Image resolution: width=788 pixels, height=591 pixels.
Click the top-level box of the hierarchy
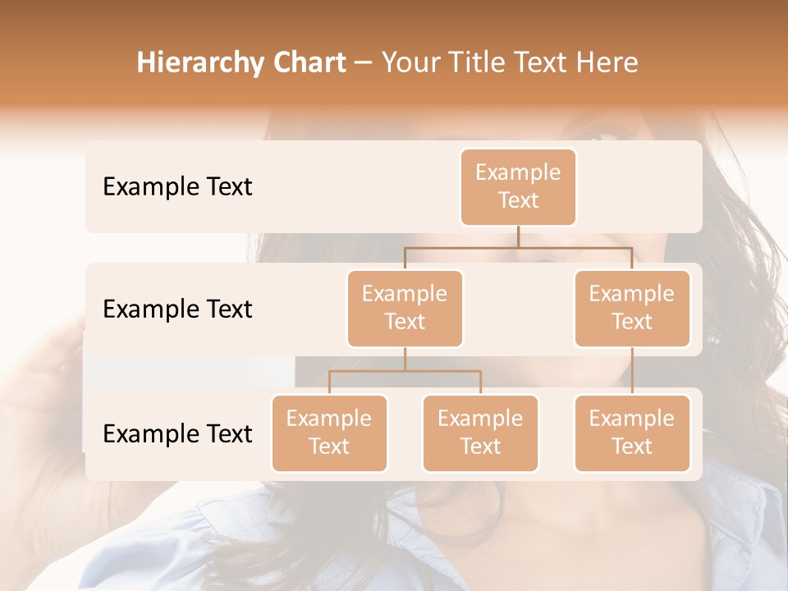tap(518, 186)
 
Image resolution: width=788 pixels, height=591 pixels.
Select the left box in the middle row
tap(405, 308)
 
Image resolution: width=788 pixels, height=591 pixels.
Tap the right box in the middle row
tap(632, 308)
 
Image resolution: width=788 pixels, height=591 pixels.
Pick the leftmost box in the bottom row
tap(329, 433)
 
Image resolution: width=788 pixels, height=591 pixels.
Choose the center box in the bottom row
tap(480, 433)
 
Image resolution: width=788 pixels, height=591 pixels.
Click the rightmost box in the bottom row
tap(632, 433)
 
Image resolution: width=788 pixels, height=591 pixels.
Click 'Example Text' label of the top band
tap(177, 186)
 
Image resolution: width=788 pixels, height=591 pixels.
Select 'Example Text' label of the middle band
tap(177, 309)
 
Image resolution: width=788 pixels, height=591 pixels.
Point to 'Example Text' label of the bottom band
tap(177, 433)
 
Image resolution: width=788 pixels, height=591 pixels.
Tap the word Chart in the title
tap(310, 62)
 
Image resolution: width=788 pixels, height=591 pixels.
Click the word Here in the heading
tap(609, 62)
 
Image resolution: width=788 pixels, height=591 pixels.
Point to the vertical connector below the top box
tap(518, 236)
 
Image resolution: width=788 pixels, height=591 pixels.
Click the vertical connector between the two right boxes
tap(632, 371)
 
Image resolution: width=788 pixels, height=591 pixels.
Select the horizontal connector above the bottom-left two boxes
tap(405, 371)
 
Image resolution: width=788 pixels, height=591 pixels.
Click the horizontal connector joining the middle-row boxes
tap(518, 247)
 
